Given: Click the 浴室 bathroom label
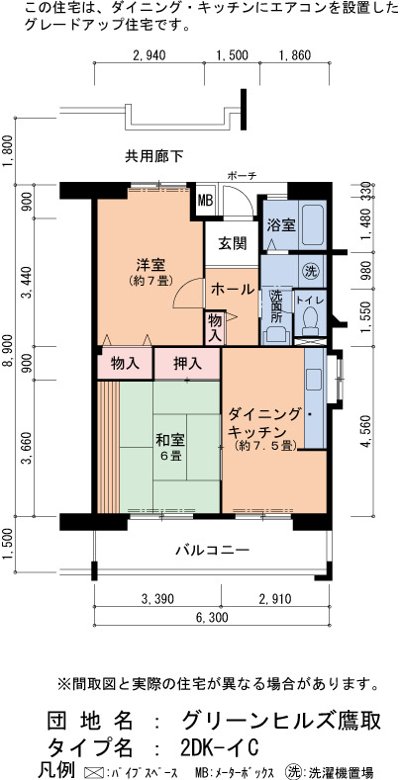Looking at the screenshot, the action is [281, 224].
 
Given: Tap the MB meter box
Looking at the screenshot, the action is [205, 201].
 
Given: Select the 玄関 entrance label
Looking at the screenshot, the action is [232, 243].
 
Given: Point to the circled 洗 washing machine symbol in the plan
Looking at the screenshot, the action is [312, 271].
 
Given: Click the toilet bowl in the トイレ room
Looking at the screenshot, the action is [311, 319].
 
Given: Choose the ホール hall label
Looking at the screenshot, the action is [233, 289].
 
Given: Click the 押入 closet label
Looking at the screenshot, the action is [187, 364].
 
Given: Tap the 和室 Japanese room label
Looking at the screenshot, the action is [170, 440].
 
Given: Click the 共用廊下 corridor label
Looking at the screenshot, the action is [153, 157].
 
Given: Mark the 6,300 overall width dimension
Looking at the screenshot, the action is [212, 617].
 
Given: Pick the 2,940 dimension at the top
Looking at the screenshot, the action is [150, 54].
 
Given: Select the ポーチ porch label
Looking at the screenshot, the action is [242, 176].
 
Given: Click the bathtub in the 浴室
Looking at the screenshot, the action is [314, 223].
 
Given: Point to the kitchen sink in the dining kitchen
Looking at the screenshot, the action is [314, 379].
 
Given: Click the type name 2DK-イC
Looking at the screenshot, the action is [220, 747].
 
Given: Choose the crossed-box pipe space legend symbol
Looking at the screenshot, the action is [95, 772].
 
